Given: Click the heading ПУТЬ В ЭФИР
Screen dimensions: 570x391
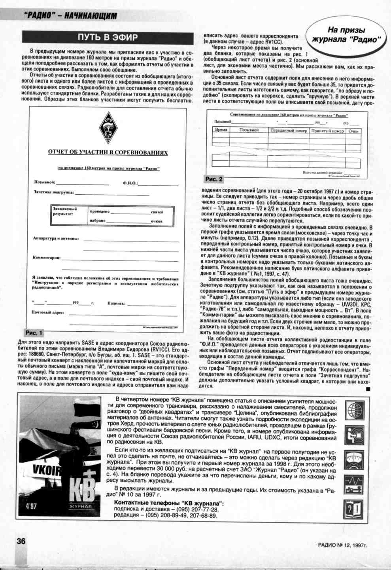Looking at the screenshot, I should [108, 38].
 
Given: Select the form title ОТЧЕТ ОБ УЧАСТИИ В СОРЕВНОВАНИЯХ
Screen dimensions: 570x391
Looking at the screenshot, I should [108, 152].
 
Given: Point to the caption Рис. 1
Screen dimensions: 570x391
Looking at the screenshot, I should [34, 332].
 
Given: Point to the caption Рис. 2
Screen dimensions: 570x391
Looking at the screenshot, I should [213, 179].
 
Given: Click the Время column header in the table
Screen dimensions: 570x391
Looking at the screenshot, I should [221, 130].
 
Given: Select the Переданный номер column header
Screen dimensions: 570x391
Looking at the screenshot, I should [289, 130].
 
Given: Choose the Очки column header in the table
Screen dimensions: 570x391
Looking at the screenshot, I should [353, 130].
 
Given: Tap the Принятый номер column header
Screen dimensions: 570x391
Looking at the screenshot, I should [327, 130].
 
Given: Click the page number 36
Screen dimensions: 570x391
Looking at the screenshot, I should [21, 541].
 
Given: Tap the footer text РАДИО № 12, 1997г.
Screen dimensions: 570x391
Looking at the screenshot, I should [342, 545].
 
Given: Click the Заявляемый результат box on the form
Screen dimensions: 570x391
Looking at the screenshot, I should [65, 211].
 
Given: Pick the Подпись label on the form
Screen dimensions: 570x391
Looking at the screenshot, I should [116, 304].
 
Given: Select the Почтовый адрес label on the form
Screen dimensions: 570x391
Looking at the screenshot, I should [48, 313].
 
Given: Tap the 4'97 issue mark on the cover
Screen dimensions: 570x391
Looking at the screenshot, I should [31, 506].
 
